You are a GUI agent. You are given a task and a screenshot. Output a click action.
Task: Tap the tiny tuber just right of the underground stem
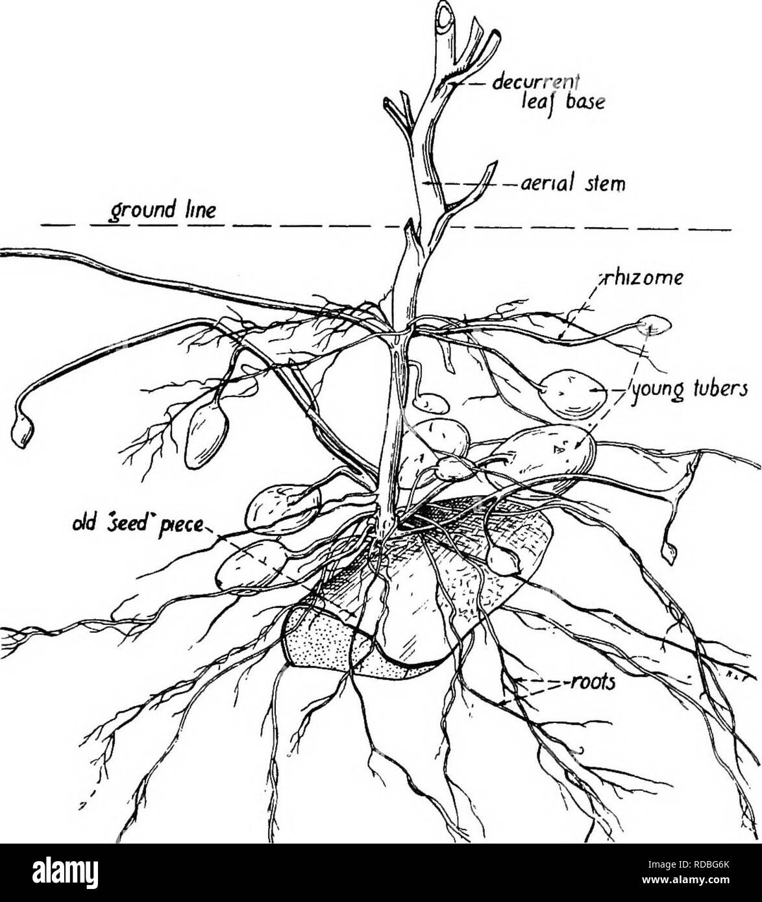click(431, 403)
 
